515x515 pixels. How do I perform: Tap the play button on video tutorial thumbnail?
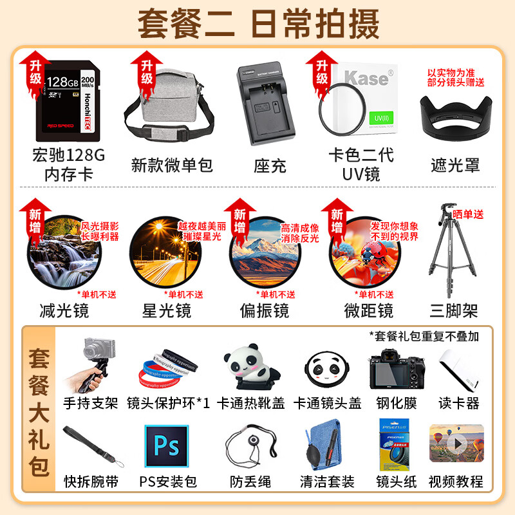click(458, 444)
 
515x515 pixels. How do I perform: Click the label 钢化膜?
click(397, 404)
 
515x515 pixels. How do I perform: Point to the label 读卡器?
click(458, 404)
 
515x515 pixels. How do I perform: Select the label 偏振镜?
click(264, 311)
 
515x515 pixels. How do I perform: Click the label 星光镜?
click(167, 311)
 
